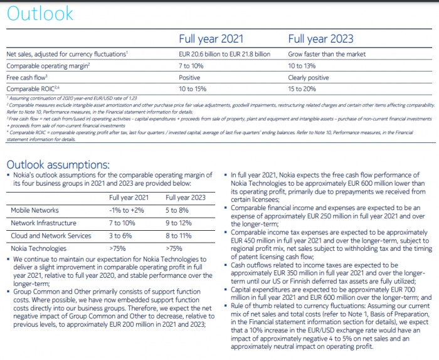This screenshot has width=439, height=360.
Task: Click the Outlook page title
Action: pos(40,14)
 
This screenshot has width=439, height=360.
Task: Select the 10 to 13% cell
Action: pos(303,65)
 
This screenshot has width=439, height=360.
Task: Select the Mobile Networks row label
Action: pos(35,210)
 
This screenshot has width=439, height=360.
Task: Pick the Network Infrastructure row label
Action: pos(44,223)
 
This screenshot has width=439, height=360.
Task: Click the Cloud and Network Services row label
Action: pos(51,235)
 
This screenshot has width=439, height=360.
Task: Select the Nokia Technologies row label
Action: pos(40,248)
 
